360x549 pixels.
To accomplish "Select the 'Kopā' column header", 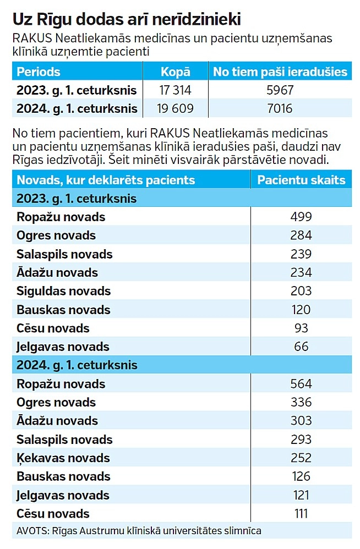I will pyautogui.click(x=175, y=72).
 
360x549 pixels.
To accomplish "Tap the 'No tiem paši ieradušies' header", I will pyautogui.click(x=280, y=72).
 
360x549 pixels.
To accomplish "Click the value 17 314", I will pyautogui.click(x=175, y=90).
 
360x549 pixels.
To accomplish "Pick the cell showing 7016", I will pyautogui.click(x=280, y=108).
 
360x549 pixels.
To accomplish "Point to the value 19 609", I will pyautogui.click(x=175, y=108).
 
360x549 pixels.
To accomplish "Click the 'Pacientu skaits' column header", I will pyautogui.click(x=301, y=180).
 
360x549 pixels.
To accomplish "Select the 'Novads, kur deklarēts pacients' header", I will pyautogui.click(x=106, y=180).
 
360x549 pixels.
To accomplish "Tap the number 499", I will pyautogui.click(x=301, y=217).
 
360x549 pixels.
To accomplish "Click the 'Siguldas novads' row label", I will pyautogui.click(x=63, y=291).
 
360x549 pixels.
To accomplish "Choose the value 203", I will pyautogui.click(x=301, y=291).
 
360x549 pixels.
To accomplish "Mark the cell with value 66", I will pyautogui.click(x=301, y=347).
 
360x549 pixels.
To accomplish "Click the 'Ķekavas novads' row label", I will pyautogui.click(x=63, y=458).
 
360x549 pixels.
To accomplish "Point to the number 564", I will pyautogui.click(x=301, y=383).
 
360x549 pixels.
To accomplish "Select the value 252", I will pyautogui.click(x=301, y=458).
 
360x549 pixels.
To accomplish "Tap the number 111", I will pyautogui.click(x=301, y=514).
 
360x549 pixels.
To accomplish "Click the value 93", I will pyautogui.click(x=301, y=328).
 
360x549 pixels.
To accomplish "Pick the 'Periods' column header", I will pyautogui.click(x=39, y=72).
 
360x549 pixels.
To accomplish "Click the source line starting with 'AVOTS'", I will pyautogui.click(x=139, y=531).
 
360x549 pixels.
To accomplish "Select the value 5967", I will pyautogui.click(x=280, y=90).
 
